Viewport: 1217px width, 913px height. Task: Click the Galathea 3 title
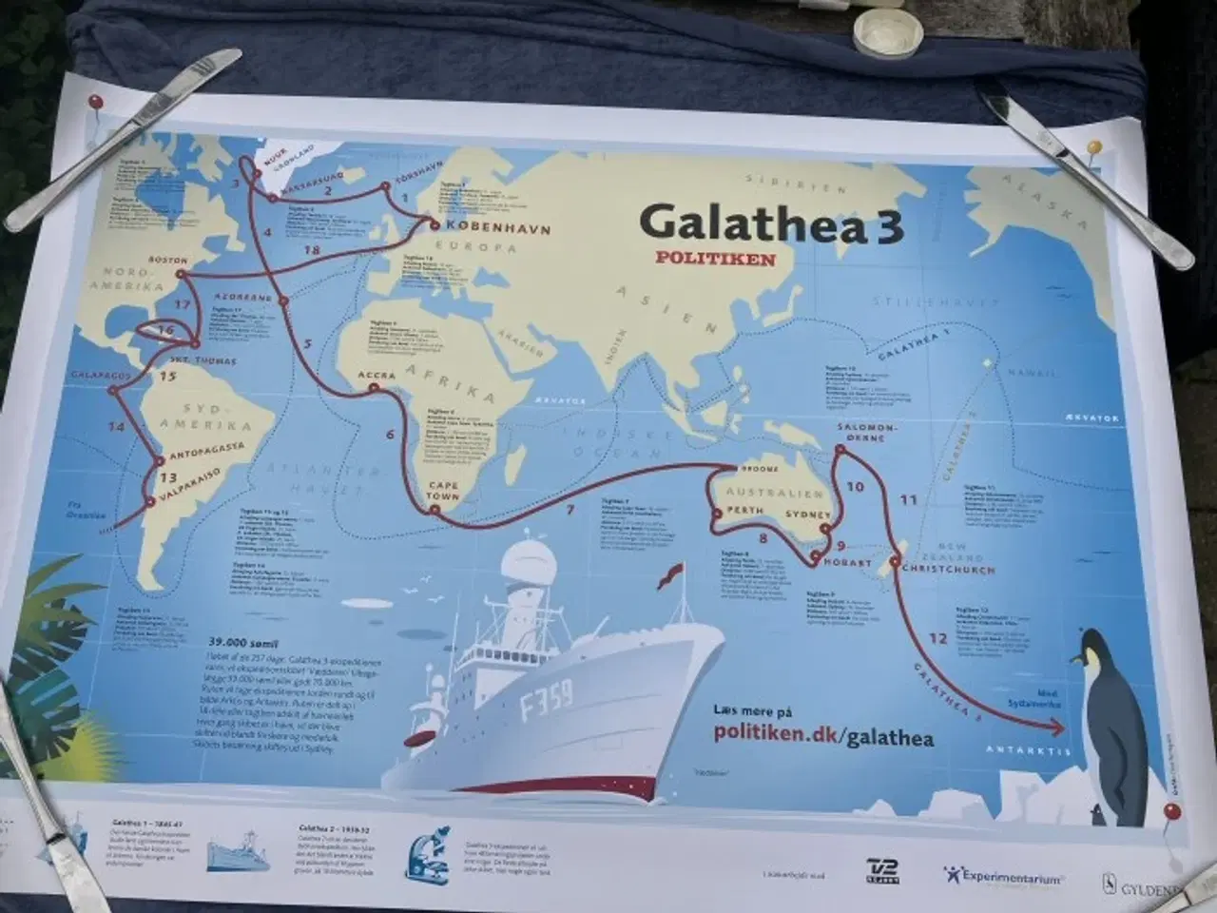770,223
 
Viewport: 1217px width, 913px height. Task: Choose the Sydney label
807,515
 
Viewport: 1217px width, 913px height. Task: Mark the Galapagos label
99,376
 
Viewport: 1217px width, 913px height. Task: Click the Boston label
168,260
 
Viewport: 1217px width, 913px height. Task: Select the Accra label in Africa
377,376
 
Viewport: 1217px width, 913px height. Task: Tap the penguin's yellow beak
1075,658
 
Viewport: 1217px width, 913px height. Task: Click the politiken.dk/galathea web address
823,737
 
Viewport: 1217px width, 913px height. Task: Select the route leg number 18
311,249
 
